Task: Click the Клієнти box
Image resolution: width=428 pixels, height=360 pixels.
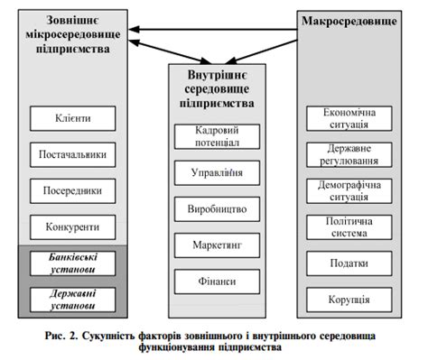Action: coord(72,117)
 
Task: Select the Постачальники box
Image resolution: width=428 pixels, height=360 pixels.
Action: coord(72,154)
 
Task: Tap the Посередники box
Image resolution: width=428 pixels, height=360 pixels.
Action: coord(72,190)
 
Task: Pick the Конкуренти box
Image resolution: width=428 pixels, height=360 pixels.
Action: coord(72,226)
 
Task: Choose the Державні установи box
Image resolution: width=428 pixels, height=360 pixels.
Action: coord(72,299)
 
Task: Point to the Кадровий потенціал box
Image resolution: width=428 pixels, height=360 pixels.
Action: coord(215,136)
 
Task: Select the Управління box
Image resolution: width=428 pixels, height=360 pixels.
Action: coord(215,171)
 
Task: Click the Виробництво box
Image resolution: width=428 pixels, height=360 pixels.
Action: coord(215,208)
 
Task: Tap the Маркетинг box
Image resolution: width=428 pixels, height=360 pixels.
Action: coord(215,245)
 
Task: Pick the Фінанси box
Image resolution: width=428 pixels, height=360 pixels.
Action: coord(215,281)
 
